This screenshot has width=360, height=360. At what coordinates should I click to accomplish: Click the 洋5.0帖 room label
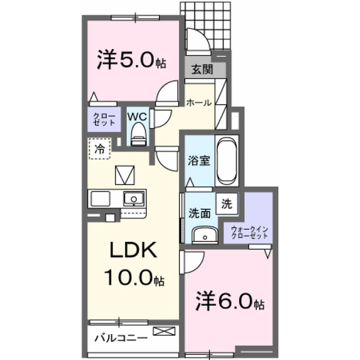coord(131,60)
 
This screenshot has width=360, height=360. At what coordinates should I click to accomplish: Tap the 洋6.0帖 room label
coord(230,301)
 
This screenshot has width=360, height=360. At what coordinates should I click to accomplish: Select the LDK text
coord(133,250)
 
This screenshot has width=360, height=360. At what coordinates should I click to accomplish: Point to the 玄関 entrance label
coord(202,69)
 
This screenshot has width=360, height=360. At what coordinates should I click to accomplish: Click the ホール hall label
coord(199,102)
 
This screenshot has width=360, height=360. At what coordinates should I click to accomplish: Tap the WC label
coord(137,117)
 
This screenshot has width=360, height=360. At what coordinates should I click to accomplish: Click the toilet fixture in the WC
coord(138,134)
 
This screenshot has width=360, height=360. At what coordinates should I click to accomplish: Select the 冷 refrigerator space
coord(100,148)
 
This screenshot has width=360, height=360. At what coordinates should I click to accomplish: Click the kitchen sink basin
coord(134,199)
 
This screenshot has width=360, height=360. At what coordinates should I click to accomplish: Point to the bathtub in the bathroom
coord(227,161)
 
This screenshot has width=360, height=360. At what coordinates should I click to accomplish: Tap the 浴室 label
coord(199,160)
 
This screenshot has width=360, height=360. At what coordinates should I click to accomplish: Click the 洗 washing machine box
coord(227,204)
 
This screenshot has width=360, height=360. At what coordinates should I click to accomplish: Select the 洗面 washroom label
coord(200,213)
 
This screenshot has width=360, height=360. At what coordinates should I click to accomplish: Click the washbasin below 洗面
coord(205,235)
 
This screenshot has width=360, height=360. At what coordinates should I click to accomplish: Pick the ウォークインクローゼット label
coord(249,232)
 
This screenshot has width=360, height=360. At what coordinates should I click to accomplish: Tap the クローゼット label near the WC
coord(104,119)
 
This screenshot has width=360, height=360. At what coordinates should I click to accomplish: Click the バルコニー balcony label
coord(121,338)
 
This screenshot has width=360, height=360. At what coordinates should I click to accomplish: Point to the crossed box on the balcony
coord(164,331)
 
